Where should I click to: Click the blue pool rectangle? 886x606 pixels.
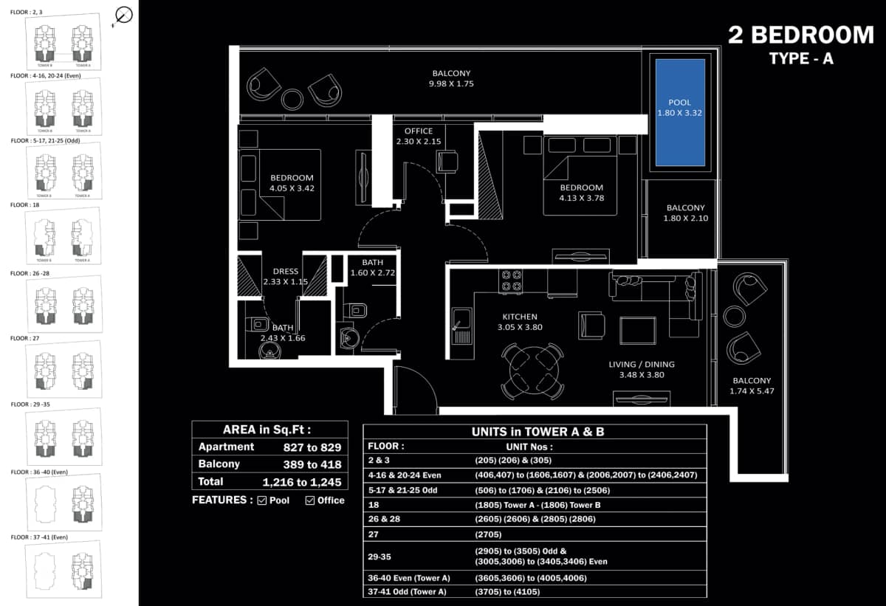click(680, 112)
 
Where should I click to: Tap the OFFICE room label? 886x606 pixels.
click(419, 131)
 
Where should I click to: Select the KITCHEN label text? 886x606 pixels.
click(521, 317)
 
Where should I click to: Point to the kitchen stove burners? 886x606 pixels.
click(512, 280)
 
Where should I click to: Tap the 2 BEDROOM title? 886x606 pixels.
click(800, 35)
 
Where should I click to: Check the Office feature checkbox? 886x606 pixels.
click(310, 500)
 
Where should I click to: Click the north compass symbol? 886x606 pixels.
click(124, 15)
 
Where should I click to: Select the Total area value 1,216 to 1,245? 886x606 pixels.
click(302, 482)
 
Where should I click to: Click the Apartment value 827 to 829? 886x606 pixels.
click(312, 447)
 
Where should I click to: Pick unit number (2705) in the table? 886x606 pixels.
click(488, 534)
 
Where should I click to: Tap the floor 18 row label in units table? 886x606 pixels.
click(374, 504)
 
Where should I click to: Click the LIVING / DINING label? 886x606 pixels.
click(641, 364)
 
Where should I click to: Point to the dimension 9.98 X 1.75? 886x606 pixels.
click(451, 84)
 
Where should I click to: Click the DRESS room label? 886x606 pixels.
click(285, 272)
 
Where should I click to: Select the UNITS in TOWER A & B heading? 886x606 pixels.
click(538, 432)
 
